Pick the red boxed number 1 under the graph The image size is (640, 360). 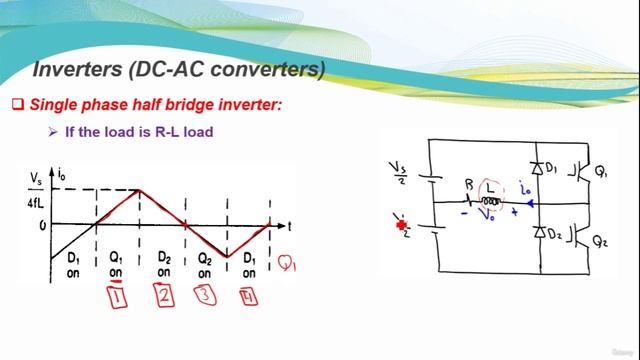118,296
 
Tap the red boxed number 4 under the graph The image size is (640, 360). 248,296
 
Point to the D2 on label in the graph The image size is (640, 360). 165,265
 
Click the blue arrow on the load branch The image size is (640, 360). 529,203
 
